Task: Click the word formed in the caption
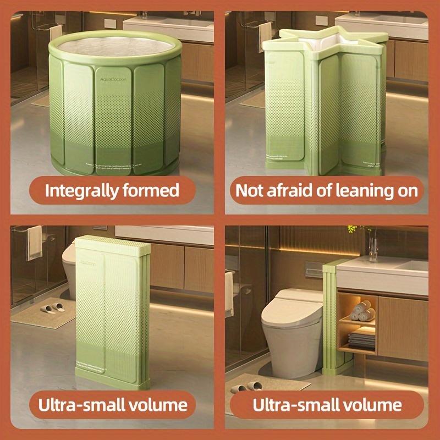tap(153, 191)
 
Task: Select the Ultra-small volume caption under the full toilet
tap(327, 406)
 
